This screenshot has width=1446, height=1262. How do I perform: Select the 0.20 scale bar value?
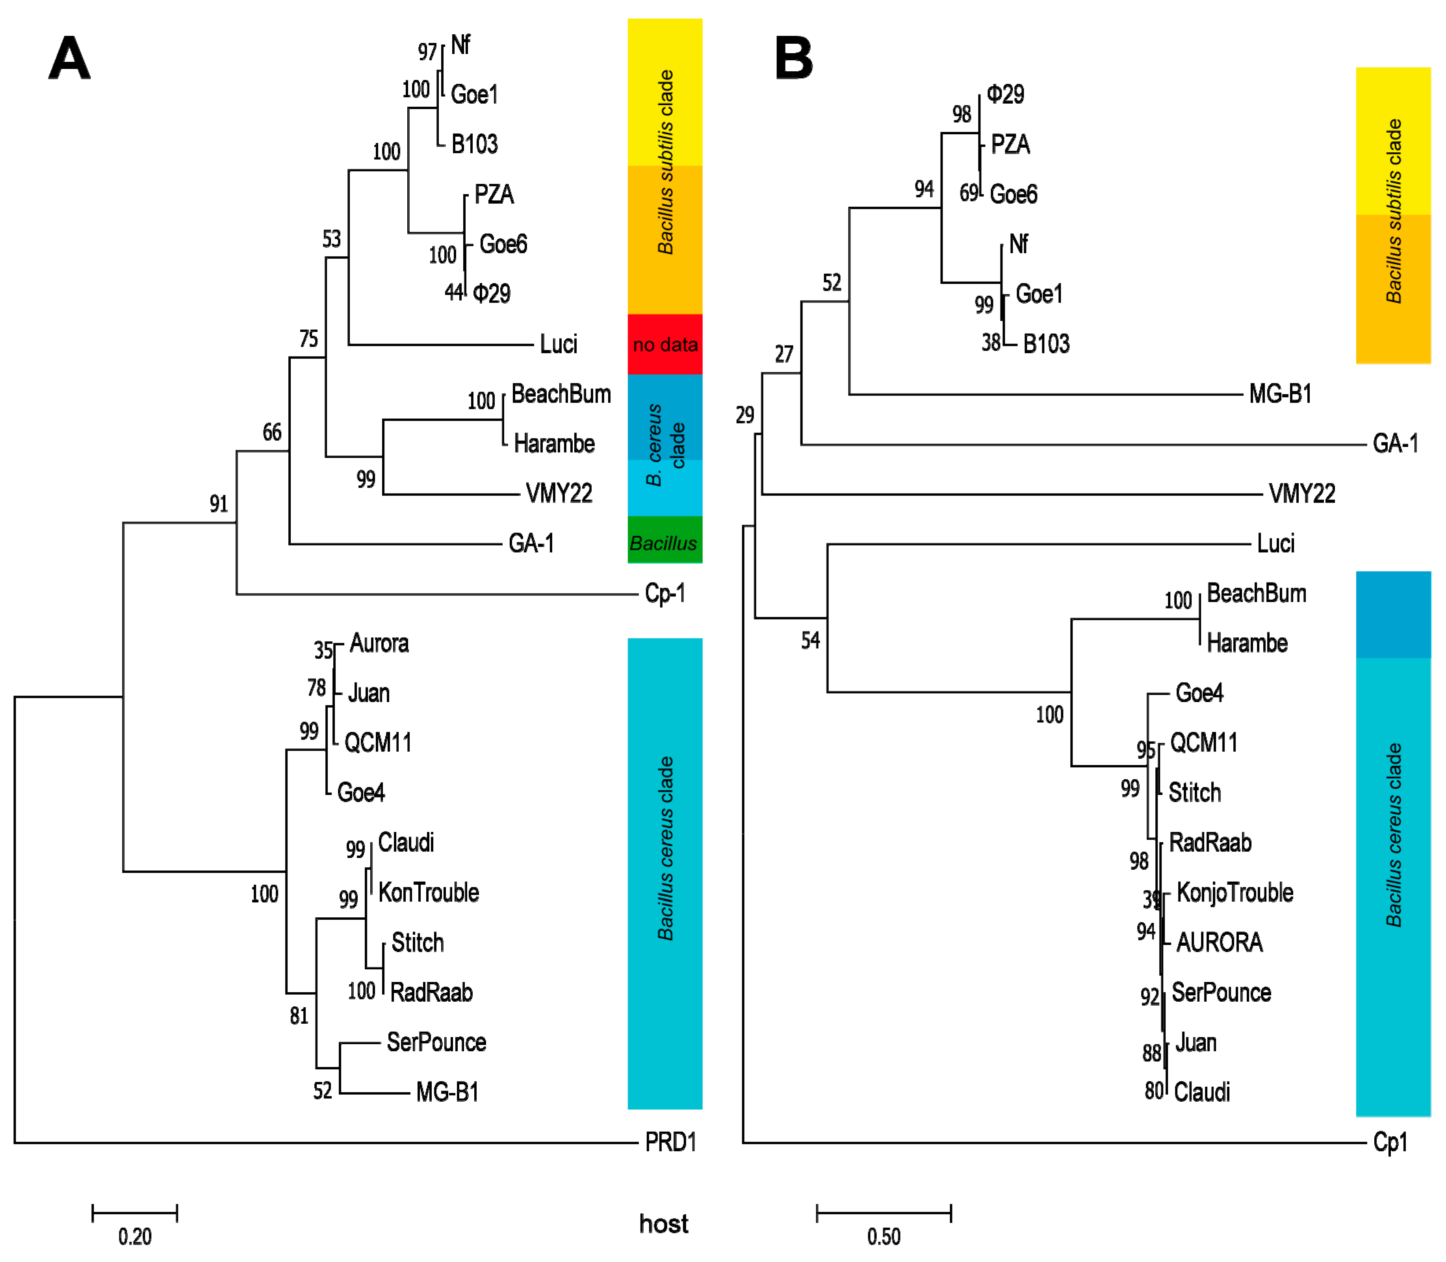pyautogui.click(x=135, y=1236)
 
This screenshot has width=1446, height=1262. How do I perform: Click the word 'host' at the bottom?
pyautogui.click(x=663, y=1223)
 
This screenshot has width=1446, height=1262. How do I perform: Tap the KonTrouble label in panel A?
pyautogui.click(x=428, y=892)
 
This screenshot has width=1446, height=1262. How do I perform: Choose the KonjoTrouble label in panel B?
pyautogui.click(x=1234, y=892)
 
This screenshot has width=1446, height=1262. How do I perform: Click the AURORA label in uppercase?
pyautogui.click(x=1219, y=942)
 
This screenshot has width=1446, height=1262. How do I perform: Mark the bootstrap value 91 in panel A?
pyautogui.click(x=218, y=503)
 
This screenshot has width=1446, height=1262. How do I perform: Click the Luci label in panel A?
pyautogui.click(x=558, y=344)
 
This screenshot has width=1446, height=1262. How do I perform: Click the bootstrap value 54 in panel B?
pyautogui.click(x=810, y=640)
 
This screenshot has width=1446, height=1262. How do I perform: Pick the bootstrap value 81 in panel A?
pyautogui.click(x=299, y=1015)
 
